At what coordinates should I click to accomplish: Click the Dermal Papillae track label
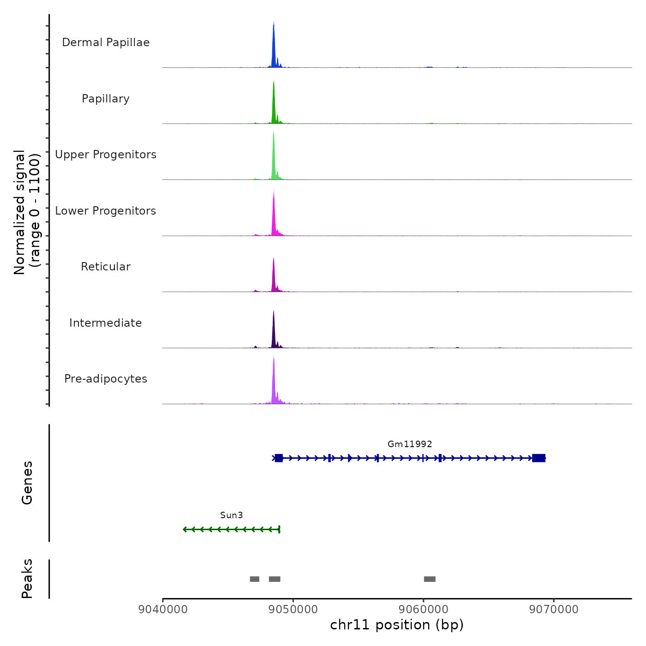click(106, 42)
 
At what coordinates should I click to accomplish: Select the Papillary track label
click(106, 99)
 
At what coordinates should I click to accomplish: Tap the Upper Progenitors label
click(106, 155)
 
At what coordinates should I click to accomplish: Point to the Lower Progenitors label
click(106, 211)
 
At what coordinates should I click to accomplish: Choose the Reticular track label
click(106, 267)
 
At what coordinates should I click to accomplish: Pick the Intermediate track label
click(106, 323)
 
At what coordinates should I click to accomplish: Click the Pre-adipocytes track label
click(106, 379)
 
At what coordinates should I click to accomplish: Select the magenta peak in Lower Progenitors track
click(274, 217)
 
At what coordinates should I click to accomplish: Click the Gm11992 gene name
click(410, 444)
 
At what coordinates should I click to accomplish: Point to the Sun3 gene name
click(231, 515)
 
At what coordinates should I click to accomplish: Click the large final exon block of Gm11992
click(538, 458)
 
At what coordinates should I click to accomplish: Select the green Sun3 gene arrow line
click(231, 529)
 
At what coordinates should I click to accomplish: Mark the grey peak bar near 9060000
click(430, 579)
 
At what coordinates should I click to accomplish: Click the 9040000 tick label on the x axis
click(163, 609)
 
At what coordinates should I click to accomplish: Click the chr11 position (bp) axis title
click(397, 625)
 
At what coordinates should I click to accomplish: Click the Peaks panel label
click(27, 579)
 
